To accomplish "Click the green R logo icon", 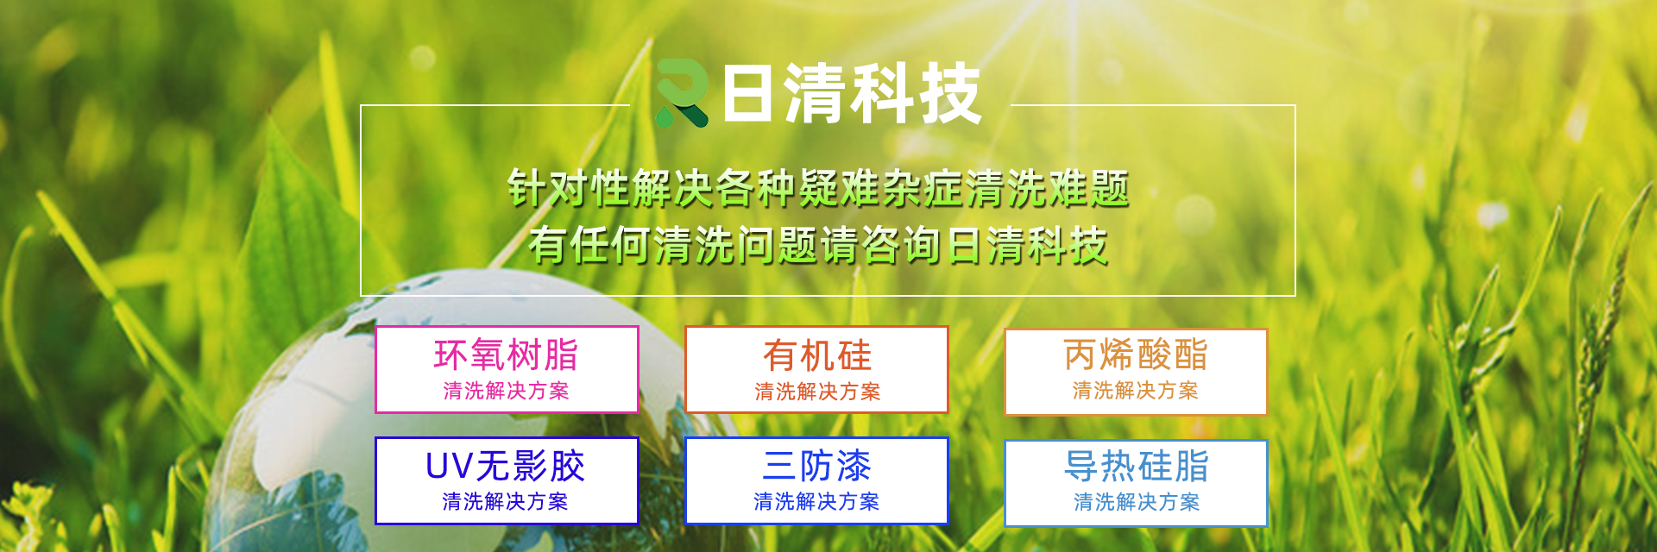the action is point(682,93).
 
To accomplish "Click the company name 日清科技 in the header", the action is point(852,93).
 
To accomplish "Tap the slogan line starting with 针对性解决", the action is point(818,189).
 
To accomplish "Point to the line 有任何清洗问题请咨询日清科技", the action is point(818,245).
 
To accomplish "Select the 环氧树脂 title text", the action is point(506,354).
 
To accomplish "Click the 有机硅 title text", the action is point(817,355).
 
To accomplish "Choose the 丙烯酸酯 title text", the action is point(1136,354).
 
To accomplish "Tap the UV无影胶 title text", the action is point(505,467).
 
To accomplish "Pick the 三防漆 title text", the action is point(816,467).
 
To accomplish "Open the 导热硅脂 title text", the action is point(1137,467).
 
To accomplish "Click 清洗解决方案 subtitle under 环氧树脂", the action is point(506,391).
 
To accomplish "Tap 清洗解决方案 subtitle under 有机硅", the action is point(817,392).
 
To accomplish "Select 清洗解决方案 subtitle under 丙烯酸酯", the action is point(1136,391).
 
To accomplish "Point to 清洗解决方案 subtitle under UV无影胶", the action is point(505,502).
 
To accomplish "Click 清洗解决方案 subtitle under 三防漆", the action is point(816,502).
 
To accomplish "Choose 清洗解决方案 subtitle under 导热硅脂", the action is point(1137,502).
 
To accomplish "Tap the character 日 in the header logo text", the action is point(747,93).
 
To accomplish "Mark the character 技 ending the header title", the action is point(950,93).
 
